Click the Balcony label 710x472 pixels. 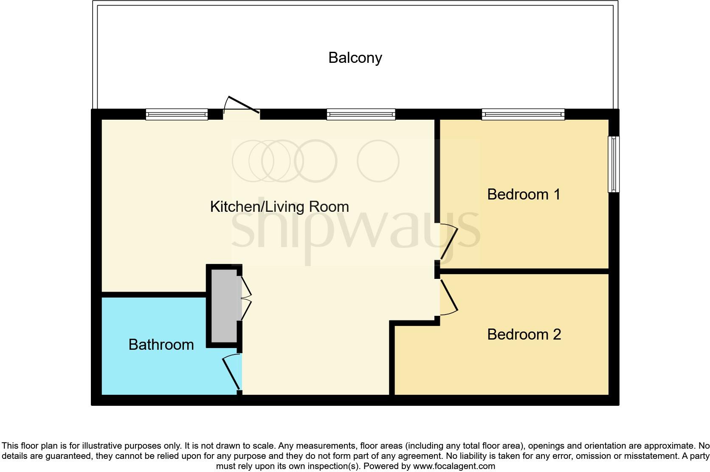[355, 58]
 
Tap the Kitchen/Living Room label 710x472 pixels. [279, 207]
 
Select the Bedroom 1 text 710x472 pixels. [524, 194]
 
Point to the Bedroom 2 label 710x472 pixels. [524, 334]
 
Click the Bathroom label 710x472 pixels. [161, 345]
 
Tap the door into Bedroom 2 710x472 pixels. [449, 297]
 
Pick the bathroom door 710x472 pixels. [231, 373]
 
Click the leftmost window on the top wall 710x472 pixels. [177, 114]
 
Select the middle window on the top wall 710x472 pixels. [361, 114]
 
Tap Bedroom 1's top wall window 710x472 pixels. [523, 114]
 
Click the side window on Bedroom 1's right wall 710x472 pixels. [614, 164]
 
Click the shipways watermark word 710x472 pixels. [356, 231]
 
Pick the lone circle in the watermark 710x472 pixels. [378, 161]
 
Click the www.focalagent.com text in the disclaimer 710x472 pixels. [454, 466]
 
